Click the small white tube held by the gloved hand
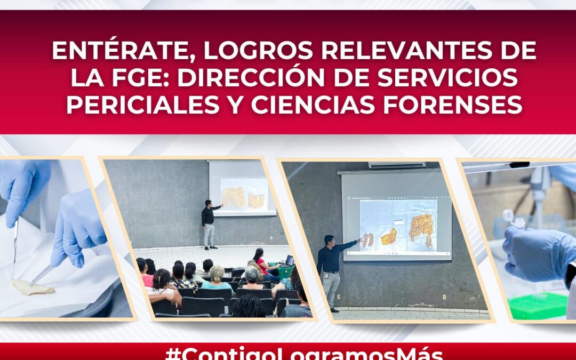pos(509,216)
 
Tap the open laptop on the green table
pos(289,261)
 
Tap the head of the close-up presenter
pos(329,241)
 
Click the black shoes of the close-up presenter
pos(334,309)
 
